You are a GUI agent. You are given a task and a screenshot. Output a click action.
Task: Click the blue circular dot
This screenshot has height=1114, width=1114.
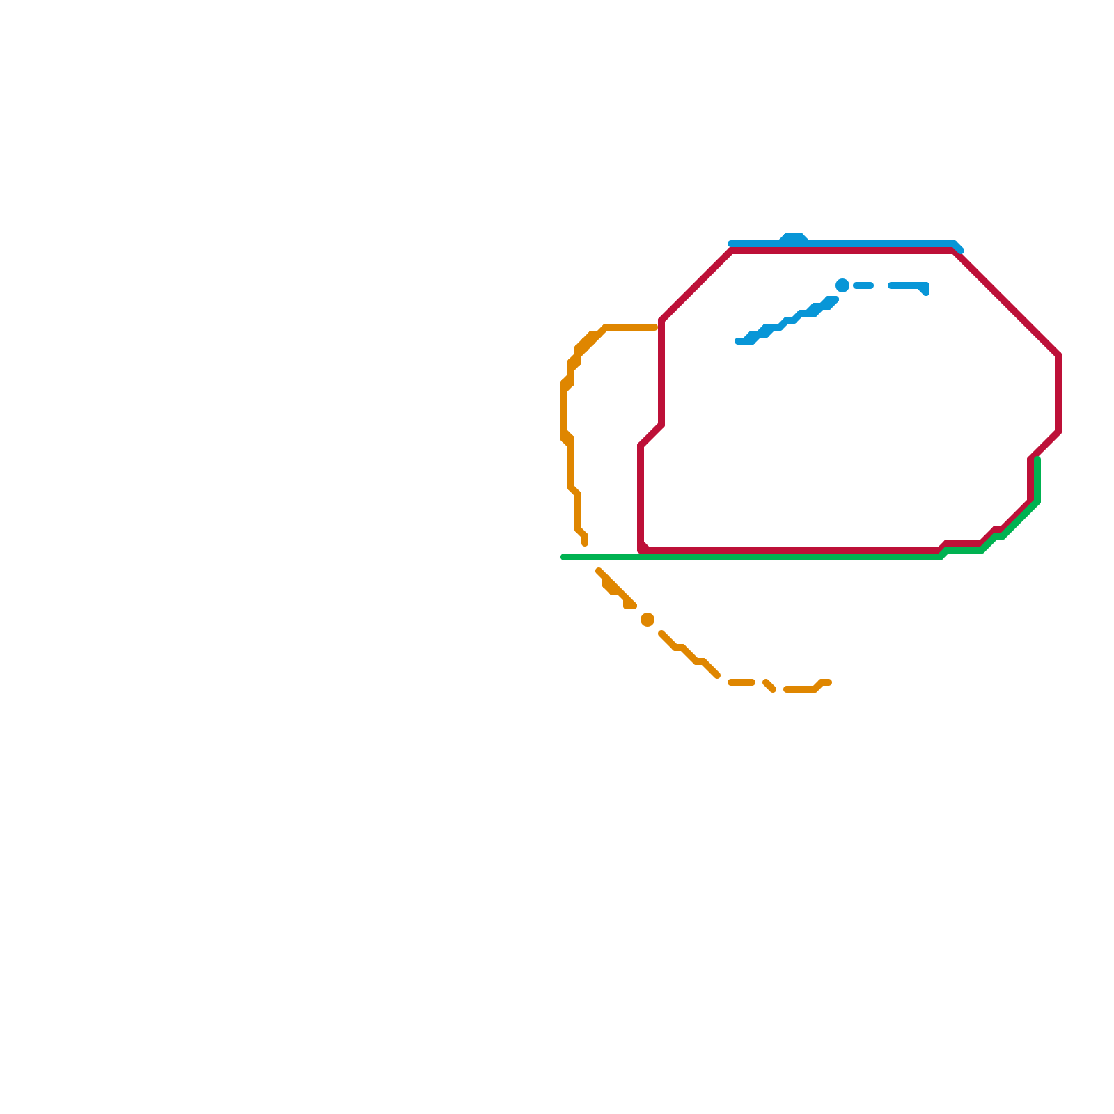click(842, 285)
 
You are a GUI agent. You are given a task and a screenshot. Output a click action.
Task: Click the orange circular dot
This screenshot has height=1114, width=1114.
click(648, 620)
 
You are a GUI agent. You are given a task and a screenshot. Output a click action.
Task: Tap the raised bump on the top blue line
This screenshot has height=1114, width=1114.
click(794, 238)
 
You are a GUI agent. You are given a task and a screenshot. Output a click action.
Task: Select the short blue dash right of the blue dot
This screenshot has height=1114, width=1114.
click(863, 285)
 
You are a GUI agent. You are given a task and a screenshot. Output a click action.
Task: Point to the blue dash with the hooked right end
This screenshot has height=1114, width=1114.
click(909, 285)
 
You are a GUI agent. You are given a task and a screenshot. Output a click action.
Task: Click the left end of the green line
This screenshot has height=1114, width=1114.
click(564, 557)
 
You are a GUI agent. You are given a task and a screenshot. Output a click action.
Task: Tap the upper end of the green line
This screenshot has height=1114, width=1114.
click(1037, 460)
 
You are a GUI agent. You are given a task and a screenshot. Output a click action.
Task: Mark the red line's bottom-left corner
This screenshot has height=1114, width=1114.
click(641, 549)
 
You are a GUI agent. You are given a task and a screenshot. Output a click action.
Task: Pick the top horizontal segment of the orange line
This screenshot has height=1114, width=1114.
click(630, 327)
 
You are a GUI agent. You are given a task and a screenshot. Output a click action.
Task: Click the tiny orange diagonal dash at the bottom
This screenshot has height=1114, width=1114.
click(769, 686)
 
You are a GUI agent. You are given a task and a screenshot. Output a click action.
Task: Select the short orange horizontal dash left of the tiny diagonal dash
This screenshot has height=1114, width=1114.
click(742, 682)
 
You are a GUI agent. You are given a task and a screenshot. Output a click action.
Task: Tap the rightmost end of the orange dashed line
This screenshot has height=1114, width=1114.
click(829, 682)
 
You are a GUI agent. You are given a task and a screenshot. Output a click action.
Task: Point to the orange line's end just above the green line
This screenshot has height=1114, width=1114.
click(585, 542)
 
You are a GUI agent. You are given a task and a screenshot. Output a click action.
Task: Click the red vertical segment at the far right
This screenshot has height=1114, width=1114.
click(1058, 393)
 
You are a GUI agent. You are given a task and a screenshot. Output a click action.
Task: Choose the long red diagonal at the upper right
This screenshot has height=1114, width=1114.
click(1006, 303)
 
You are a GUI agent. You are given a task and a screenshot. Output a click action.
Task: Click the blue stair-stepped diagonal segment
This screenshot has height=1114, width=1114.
click(787, 321)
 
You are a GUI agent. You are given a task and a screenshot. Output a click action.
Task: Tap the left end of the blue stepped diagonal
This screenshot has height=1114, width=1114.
click(738, 341)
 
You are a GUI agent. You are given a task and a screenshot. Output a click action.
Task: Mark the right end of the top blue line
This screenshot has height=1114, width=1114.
click(960, 249)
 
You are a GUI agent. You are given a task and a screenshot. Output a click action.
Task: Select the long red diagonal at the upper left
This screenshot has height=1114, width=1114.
click(696, 285)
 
